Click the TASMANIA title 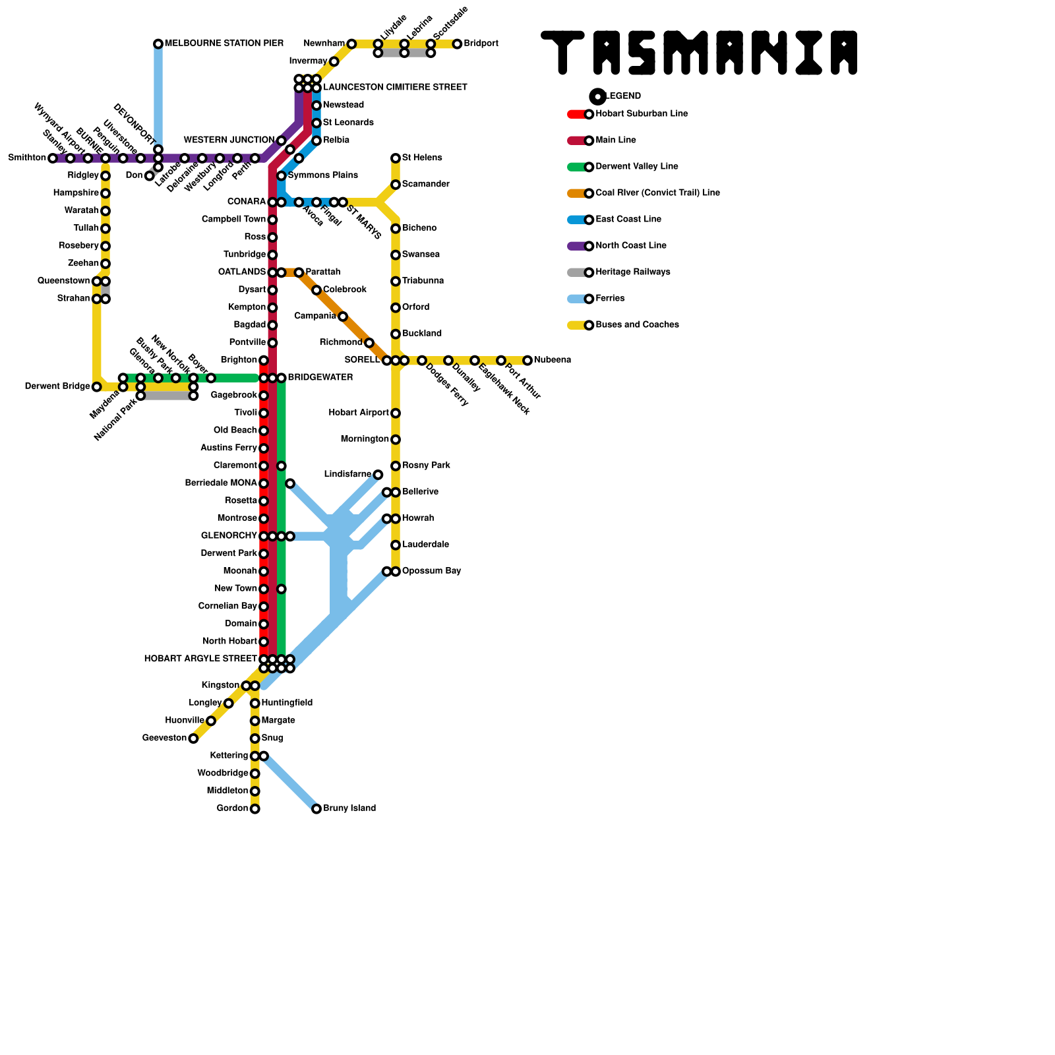[x=699, y=52]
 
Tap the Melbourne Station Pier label [x=224, y=44]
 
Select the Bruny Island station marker [x=316, y=808]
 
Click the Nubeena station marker [x=527, y=360]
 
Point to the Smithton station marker [x=53, y=158]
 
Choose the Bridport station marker [x=457, y=44]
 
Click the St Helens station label [x=422, y=158]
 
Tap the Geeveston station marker [x=193, y=738]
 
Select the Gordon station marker [x=255, y=808]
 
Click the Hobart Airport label [x=358, y=413]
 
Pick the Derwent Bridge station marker [x=97, y=386]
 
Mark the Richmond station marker [x=369, y=343]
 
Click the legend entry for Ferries [x=610, y=299]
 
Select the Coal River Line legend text [x=657, y=193]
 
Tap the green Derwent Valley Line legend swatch [x=576, y=167]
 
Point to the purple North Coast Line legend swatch [x=576, y=246]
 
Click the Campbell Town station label [x=233, y=220]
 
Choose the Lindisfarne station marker [x=378, y=475]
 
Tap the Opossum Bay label [x=431, y=571]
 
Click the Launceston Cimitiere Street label [x=394, y=87]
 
